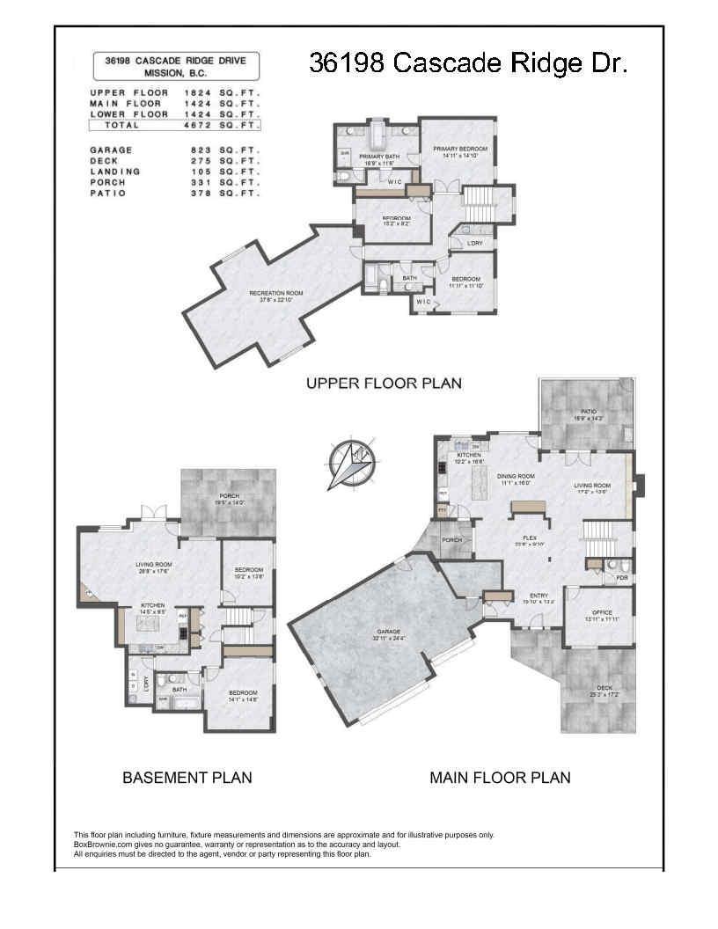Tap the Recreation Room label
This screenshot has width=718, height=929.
[x=275, y=293]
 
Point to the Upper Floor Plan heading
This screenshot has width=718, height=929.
[x=383, y=384]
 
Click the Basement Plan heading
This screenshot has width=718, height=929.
[x=187, y=778]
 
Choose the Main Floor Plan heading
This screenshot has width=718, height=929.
[x=500, y=778]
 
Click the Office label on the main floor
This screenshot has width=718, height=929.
[x=602, y=612]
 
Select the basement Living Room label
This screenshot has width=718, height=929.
[x=153, y=565]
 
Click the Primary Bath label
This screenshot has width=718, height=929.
[x=379, y=157]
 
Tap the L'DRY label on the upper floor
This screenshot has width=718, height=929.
[x=474, y=242]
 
